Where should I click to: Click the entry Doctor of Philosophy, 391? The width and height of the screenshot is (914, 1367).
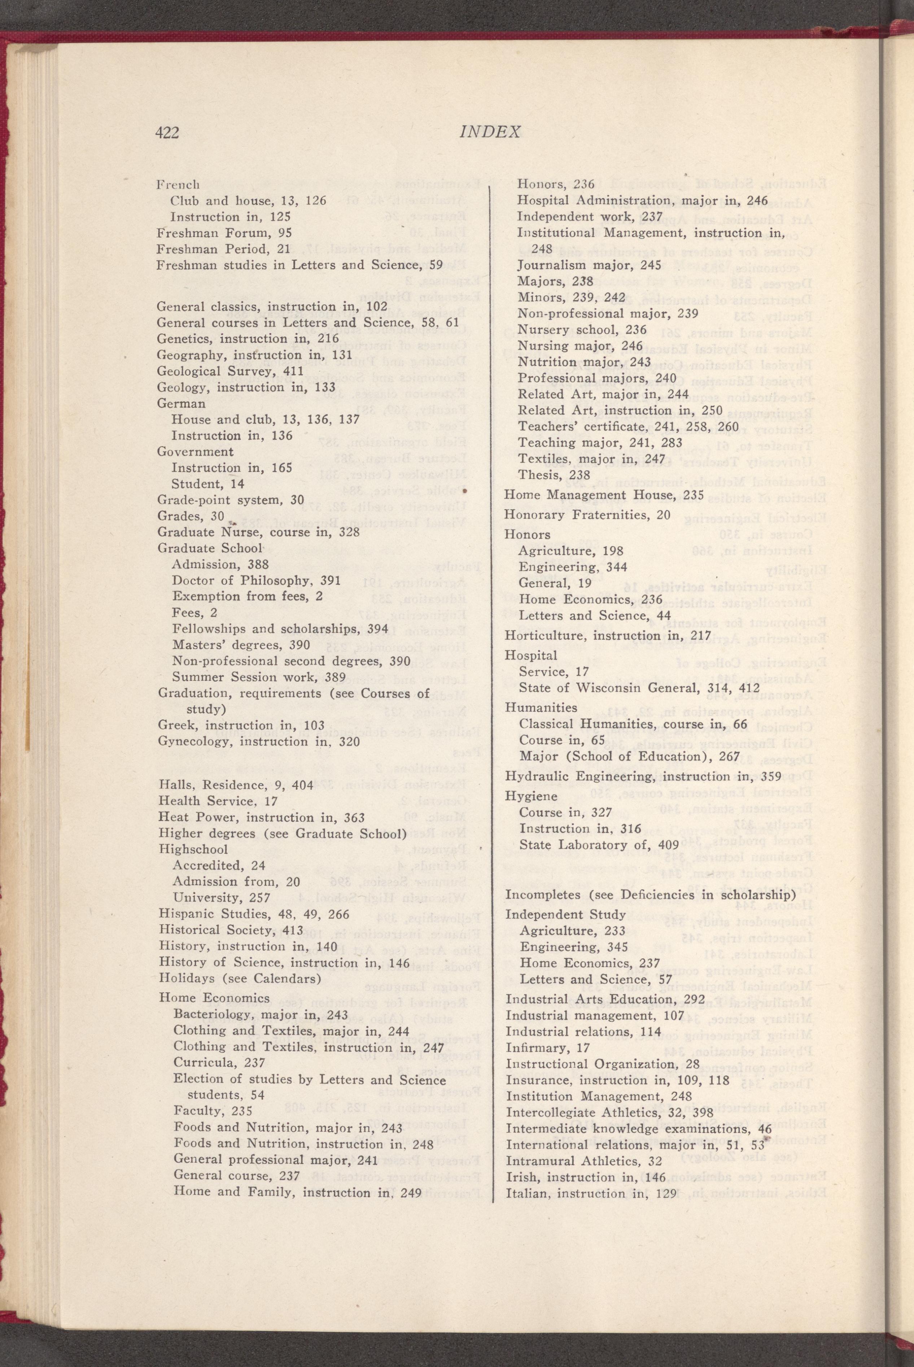256,580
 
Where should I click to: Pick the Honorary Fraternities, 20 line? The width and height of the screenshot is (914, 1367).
587,515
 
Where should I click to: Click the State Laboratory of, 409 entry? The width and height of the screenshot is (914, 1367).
599,845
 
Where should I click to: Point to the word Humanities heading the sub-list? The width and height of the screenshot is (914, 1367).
541,708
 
